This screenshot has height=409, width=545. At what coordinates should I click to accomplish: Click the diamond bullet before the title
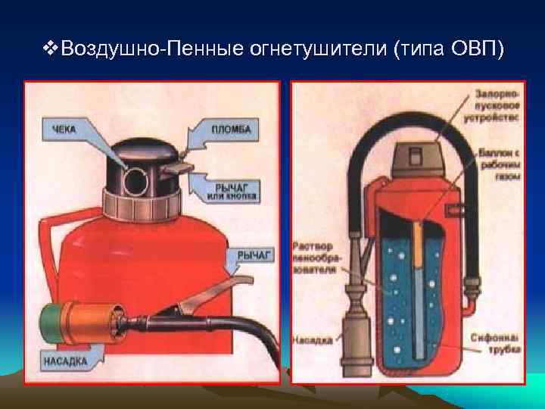50,49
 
